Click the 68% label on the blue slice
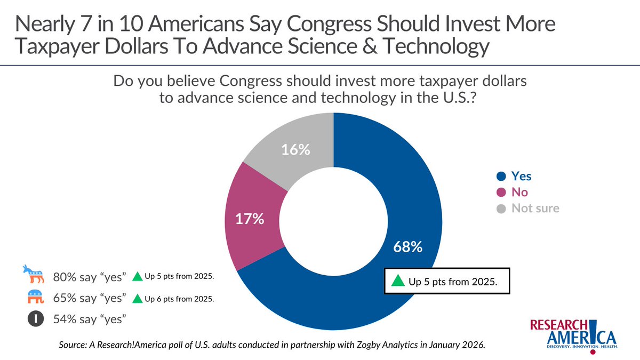pos(408,247)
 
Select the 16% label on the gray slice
pos(296,150)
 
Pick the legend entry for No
pos(512,192)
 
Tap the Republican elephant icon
pos(36,297)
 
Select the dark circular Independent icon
pos(36,319)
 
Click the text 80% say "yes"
pos(90,277)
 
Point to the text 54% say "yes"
pos(90,320)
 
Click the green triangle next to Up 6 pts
pos(137,299)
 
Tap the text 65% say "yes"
pos(90,298)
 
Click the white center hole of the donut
pos(333,223)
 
